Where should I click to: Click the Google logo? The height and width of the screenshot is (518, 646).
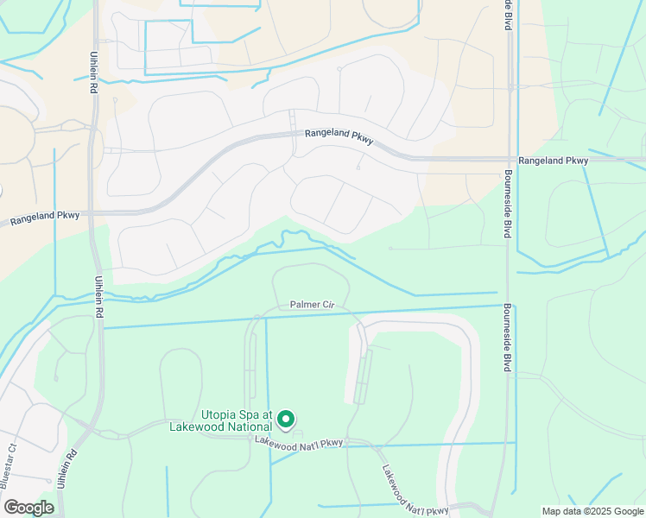point(28,508)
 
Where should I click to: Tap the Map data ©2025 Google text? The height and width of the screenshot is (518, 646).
point(592,511)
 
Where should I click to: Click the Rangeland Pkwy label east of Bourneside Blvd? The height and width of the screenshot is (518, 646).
point(553,161)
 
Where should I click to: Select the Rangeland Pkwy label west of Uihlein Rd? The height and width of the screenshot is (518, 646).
point(46,221)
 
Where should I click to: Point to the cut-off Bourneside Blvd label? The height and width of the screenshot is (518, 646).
point(508,16)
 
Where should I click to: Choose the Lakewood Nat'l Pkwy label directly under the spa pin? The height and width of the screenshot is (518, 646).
point(299,442)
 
